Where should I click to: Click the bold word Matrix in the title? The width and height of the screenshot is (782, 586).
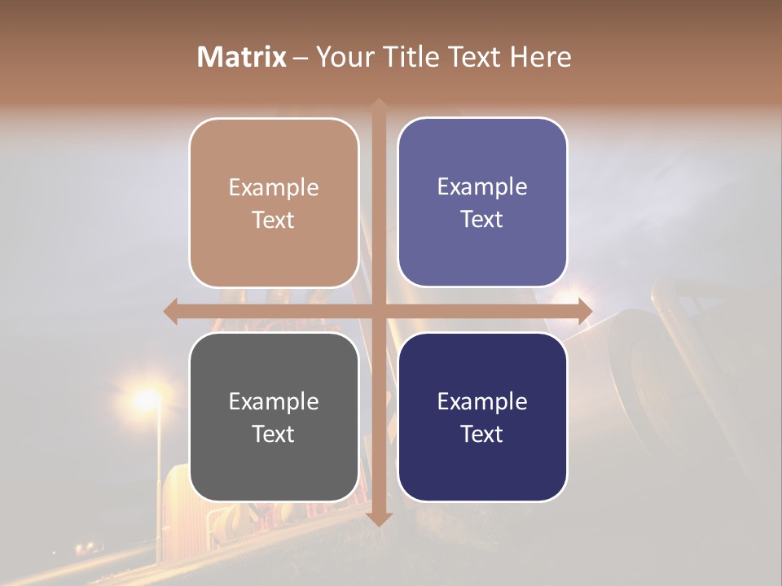[x=242, y=57]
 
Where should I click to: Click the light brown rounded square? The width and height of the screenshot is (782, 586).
[x=274, y=203]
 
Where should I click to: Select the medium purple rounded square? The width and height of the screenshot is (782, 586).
[x=482, y=203]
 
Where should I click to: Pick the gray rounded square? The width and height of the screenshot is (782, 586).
[x=274, y=418]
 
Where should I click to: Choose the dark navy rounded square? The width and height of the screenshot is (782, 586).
[x=482, y=418]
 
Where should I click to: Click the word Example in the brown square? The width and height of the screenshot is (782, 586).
[x=274, y=187]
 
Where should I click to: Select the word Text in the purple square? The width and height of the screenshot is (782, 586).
[x=482, y=220]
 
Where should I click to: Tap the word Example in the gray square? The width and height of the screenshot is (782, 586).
[x=274, y=401]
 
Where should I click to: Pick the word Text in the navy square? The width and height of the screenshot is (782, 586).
[x=482, y=435]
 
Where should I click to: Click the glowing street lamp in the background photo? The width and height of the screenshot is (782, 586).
[x=147, y=399]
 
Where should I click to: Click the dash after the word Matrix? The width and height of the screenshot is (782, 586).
[x=301, y=58]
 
